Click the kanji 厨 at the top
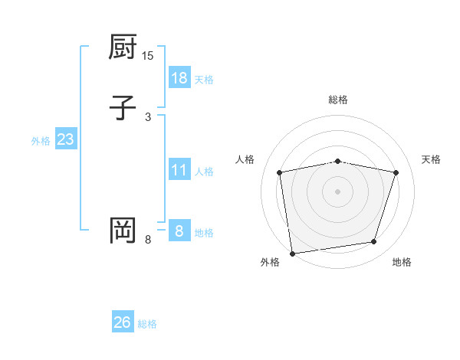[123, 49]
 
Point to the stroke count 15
[148, 56]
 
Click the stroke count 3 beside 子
[148, 116]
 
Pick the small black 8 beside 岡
[148, 240]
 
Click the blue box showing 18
[179, 78]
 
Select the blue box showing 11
[179, 170]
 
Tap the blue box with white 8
[179, 231]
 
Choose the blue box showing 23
[66, 140]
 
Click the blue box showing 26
[123, 322]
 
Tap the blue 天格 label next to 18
[204, 80]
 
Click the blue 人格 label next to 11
[204, 172]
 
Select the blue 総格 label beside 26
[147, 324]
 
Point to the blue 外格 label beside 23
[41, 141]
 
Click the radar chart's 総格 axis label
[337, 100]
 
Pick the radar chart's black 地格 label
[402, 263]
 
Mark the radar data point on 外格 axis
[292, 253]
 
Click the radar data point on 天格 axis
[396, 172]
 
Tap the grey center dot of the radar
[337, 191]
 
